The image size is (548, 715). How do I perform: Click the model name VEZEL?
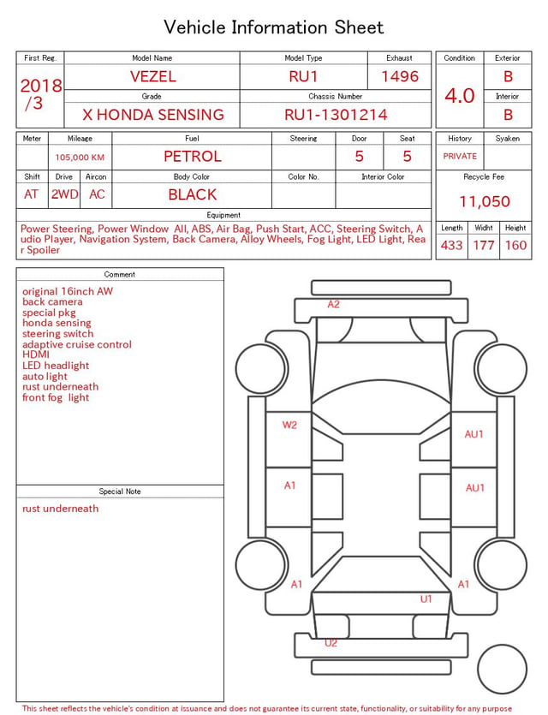click(x=152, y=76)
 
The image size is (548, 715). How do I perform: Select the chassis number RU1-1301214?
click(x=336, y=115)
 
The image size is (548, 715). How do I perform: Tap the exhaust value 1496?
click(x=400, y=76)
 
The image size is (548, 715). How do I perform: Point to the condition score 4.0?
click(x=460, y=96)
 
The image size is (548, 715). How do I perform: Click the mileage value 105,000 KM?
click(x=80, y=158)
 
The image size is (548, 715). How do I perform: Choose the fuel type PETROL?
click(x=193, y=157)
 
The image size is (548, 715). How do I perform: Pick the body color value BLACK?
click(x=193, y=194)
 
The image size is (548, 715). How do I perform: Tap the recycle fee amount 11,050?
click(x=484, y=201)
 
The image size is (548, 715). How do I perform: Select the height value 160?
click(x=515, y=245)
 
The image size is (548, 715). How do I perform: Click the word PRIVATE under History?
click(x=460, y=156)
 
